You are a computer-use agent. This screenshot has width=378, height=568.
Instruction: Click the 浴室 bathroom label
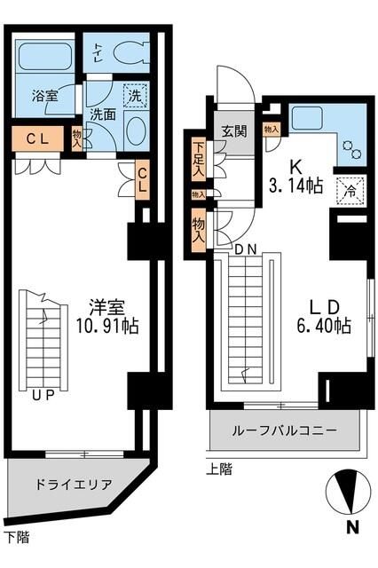[x=45, y=96]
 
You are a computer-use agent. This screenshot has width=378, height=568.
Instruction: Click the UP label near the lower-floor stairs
[x=41, y=396]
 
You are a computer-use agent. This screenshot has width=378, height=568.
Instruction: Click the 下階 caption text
[x=16, y=536]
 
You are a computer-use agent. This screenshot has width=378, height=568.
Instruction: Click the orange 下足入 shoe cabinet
[x=198, y=161]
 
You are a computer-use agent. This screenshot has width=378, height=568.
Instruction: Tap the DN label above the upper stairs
[x=247, y=249]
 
